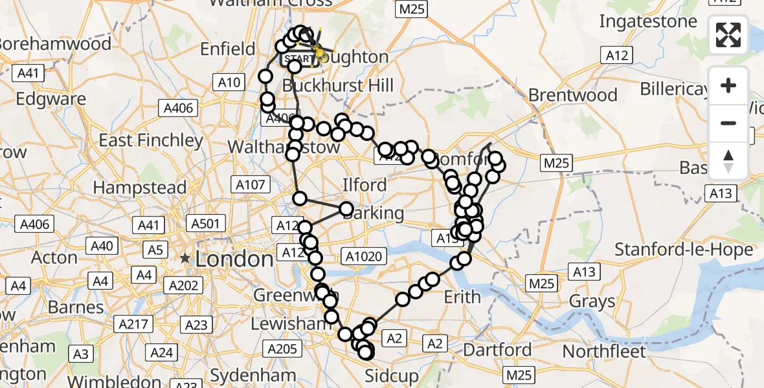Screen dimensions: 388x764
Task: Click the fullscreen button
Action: (728, 35)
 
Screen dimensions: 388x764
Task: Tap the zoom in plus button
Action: (728, 86)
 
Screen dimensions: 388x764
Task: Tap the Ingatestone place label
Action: (648, 21)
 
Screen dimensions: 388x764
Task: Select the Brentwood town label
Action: (573, 95)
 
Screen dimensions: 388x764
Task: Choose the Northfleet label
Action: (605, 351)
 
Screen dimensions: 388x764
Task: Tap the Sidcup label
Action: (392, 376)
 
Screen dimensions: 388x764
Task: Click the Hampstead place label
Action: (139, 188)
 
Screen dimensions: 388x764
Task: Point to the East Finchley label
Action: (151, 140)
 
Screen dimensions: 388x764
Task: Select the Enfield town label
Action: (228, 48)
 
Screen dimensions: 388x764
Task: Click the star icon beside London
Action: (186, 258)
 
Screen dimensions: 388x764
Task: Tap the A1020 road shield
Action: (366, 256)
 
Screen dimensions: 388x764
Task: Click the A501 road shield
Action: (205, 224)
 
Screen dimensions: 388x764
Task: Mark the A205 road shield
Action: (282, 349)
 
